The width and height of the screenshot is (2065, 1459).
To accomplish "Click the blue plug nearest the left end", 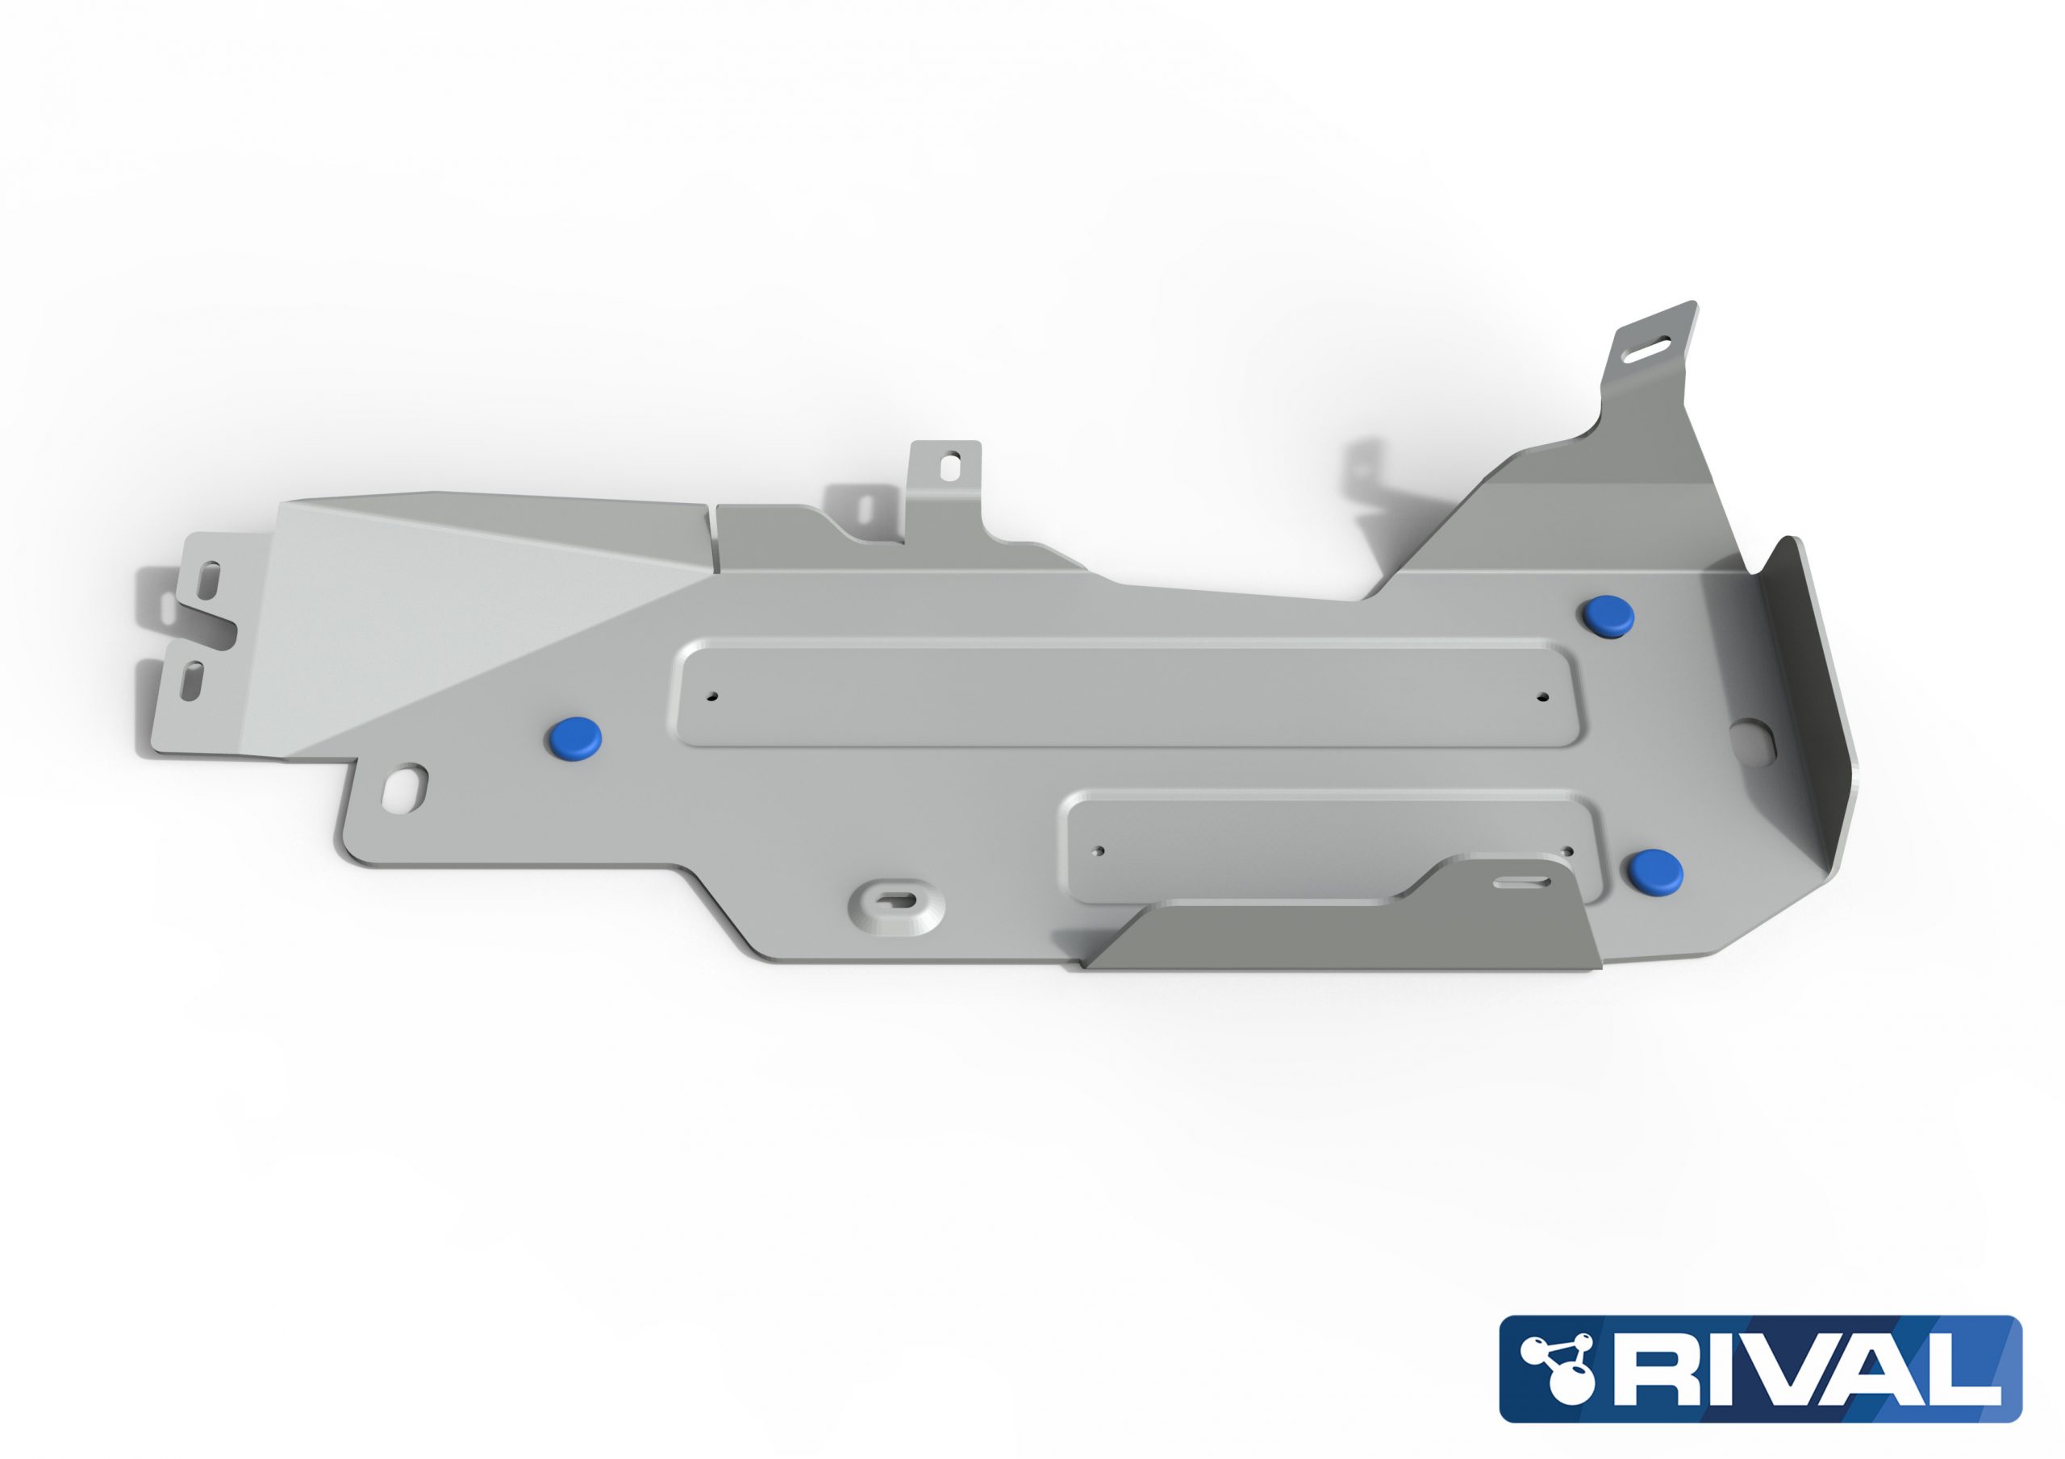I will [x=574, y=737].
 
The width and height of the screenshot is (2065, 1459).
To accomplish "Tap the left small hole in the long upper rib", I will [x=711, y=696].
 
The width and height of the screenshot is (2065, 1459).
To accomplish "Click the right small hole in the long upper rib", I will [x=1543, y=696].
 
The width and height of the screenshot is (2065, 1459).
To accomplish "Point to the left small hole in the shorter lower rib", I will [x=1099, y=850].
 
